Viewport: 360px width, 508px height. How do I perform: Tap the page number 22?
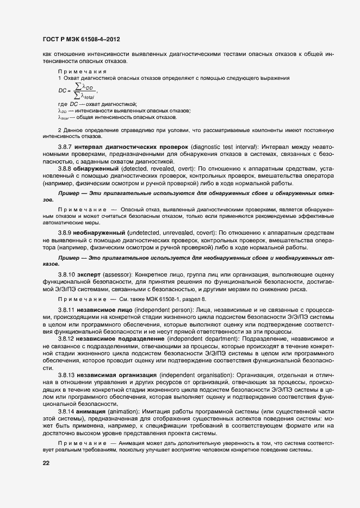(46, 463)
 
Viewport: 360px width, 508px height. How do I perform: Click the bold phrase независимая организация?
(120, 375)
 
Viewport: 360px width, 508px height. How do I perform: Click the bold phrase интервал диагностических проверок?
(133, 148)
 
